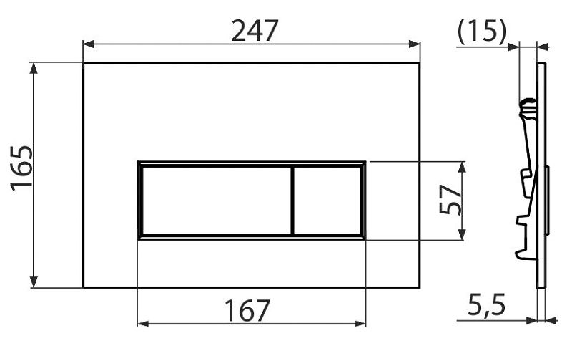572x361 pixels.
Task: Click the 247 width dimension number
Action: [255, 31]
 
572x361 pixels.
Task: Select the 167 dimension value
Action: [247, 311]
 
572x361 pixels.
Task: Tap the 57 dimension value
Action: [450, 200]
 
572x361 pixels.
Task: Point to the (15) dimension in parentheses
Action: [482, 31]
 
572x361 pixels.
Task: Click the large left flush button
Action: [217, 200]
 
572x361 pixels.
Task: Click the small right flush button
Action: [327, 200]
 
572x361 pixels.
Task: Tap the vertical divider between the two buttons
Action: [292, 200]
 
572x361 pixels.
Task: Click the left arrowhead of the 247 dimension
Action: [89, 44]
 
